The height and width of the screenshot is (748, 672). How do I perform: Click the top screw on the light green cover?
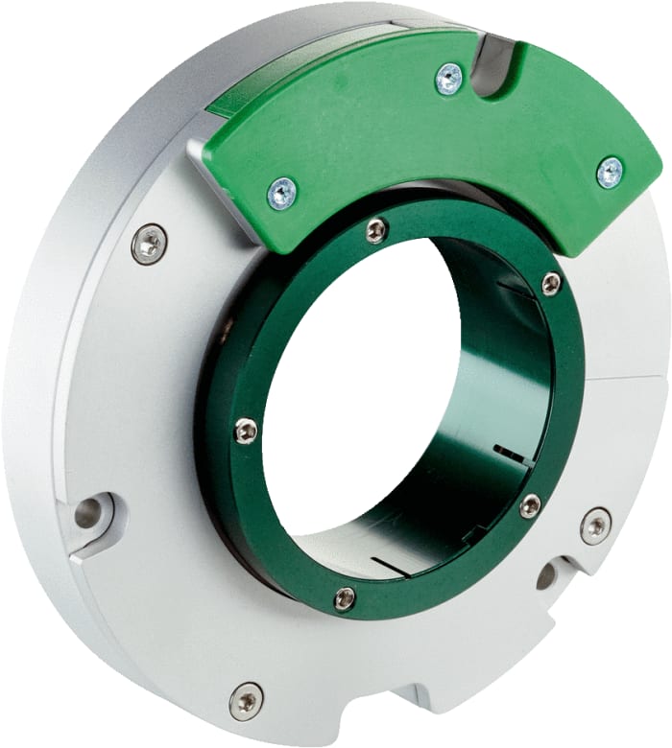(448, 78)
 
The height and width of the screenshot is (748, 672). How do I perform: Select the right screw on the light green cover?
(609, 172)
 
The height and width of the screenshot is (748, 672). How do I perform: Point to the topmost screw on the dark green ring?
(377, 230)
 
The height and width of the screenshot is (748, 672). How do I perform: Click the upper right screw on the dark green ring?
(551, 283)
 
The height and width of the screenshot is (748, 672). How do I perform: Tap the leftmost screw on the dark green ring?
(246, 431)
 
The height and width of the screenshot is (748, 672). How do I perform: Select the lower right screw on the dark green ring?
(530, 505)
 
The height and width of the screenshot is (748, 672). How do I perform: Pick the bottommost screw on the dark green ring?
(345, 599)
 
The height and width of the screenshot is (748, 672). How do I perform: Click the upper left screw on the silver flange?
(149, 244)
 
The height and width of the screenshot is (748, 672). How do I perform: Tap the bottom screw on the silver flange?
(247, 701)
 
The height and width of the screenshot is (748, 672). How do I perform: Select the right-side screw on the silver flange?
(595, 526)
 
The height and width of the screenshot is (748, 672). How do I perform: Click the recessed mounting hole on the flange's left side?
(89, 513)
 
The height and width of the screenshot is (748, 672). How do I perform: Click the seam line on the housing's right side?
(629, 379)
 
